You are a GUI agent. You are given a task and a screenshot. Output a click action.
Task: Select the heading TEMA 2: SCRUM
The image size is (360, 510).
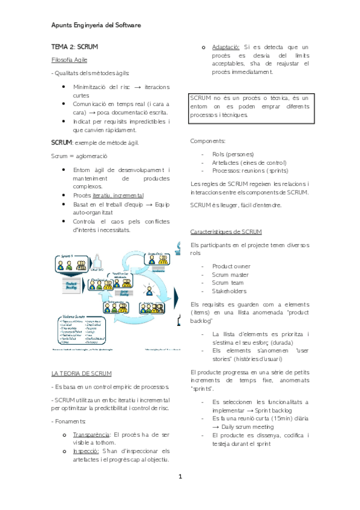click(x=75, y=46)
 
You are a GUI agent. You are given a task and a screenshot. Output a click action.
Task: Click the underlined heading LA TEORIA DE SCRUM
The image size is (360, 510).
click(x=81, y=373)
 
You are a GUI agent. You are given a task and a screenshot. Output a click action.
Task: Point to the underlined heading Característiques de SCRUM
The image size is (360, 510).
click(x=225, y=232)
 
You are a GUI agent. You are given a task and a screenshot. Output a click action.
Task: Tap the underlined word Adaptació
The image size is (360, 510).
click(x=226, y=46)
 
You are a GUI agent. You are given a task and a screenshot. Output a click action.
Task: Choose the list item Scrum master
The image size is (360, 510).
click(x=230, y=274)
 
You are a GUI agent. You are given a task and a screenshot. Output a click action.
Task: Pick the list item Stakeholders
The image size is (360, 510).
click(x=229, y=291)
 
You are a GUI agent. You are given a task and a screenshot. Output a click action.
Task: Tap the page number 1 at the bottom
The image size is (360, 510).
click(x=179, y=477)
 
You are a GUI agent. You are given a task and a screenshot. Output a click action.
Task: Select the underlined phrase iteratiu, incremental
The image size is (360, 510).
click(x=118, y=195)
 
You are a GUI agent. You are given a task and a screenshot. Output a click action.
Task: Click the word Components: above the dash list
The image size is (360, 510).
click(x=207, y=141)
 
